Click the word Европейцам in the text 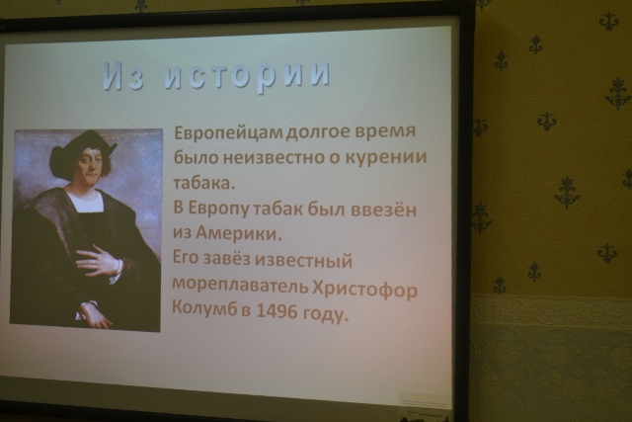click(229, 132)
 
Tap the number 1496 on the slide click(276, 311)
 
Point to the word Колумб click(204, 307)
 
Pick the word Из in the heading click(122, 76)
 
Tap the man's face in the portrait click(91, 165)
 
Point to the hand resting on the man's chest click(99, 263)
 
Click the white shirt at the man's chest click(84, 201)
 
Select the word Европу click(217, 209)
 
